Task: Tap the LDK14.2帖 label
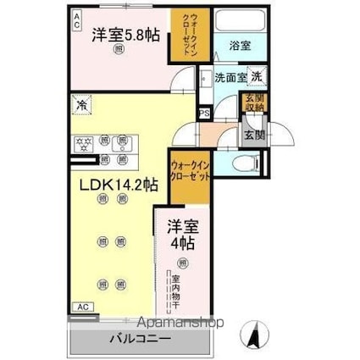point(105,183)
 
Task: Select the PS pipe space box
point(203,113)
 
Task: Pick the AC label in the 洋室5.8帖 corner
point(76,16)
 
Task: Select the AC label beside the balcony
point(82,307)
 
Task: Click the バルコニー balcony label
point(139,339)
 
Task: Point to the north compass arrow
point(252,337)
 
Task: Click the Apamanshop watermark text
point(174,323)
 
